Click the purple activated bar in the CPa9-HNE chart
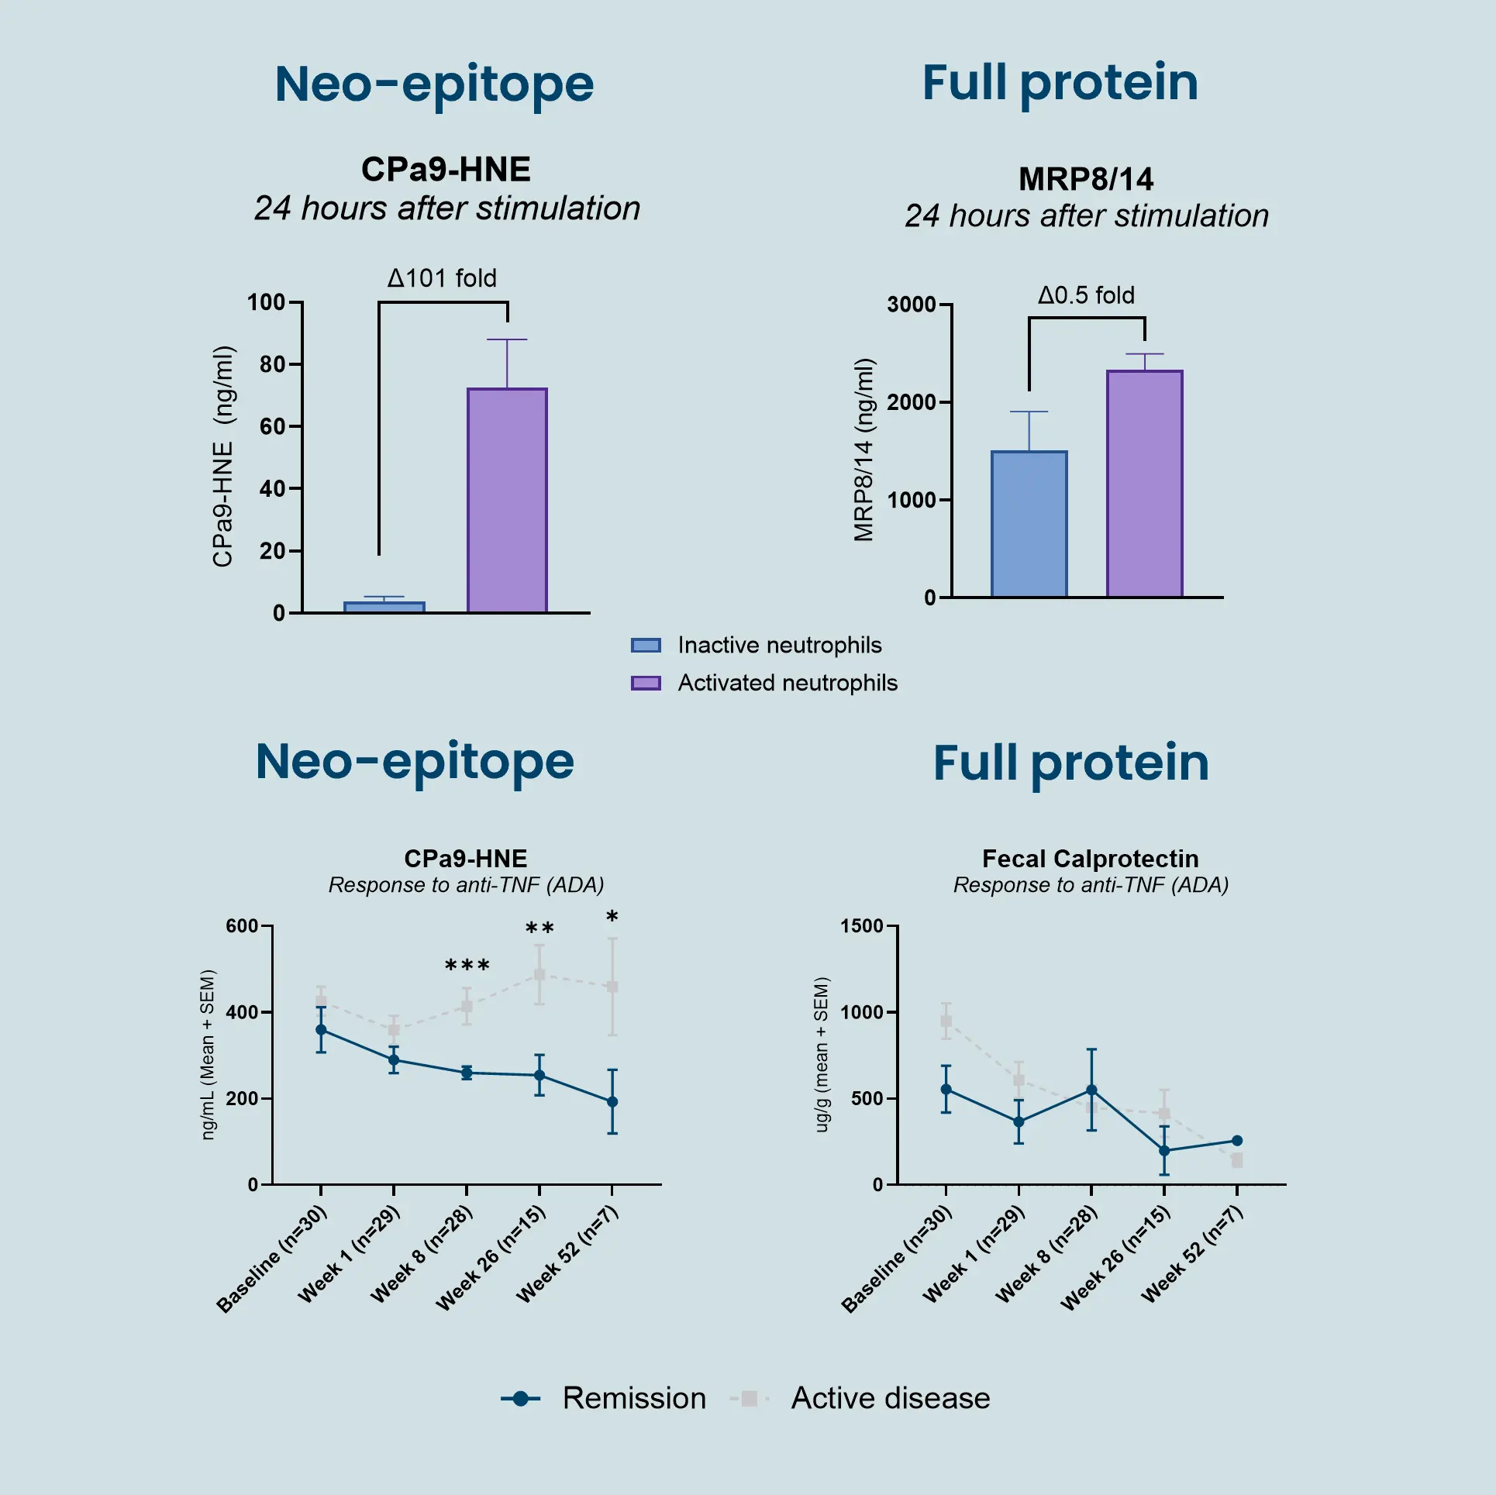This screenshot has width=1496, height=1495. (507, 500)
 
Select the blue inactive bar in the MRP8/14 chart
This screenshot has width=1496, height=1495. (1029, 524)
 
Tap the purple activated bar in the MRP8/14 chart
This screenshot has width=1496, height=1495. (1144, 484)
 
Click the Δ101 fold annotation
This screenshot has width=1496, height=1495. (442, 278)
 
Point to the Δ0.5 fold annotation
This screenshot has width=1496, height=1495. (1086, 295)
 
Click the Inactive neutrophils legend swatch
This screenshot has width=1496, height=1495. (646, 646)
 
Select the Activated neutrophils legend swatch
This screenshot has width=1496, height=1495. (646, 683)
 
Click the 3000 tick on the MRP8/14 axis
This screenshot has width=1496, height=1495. (912, 305)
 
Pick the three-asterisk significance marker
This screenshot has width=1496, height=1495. (467, 966)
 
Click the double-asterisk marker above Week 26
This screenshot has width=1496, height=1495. (539, 928)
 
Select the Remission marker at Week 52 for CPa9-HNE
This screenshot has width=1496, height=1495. (612, 1101)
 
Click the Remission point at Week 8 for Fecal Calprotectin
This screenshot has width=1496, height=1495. (1091, 1090)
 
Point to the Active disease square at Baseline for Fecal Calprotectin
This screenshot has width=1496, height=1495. (946, 1021)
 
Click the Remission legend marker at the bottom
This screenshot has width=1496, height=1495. (521, 1399)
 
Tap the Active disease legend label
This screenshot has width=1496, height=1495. (890, 1399)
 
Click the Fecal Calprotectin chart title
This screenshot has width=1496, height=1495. (1090, 859)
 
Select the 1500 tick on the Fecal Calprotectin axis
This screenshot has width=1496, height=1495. (862, 926)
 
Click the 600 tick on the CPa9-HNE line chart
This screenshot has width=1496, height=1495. (242, 926)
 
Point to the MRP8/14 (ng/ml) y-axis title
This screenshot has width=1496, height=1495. (864, 450)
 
